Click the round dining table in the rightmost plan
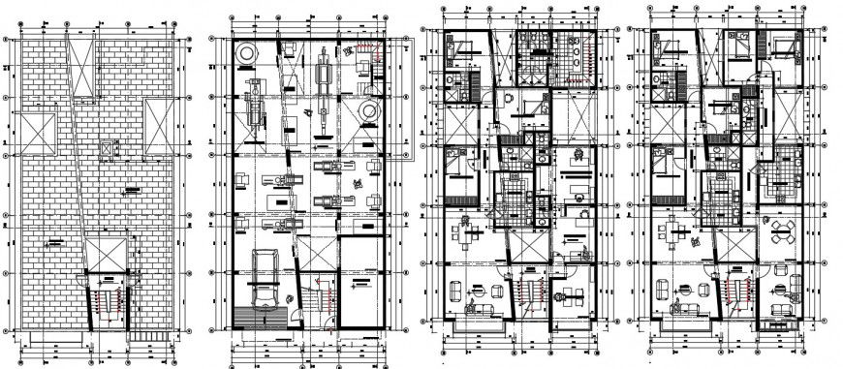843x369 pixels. (782, 231)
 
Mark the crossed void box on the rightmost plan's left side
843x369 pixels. (666, 123)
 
